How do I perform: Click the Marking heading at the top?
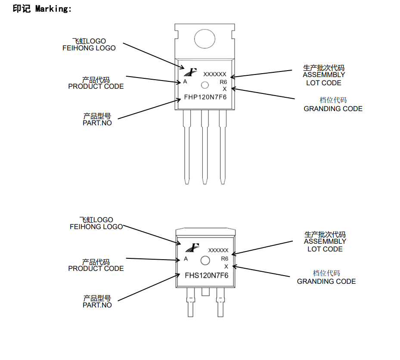(x=42, y=9)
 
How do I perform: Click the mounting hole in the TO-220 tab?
(x=204, y=39)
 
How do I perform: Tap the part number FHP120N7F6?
(x=205, y=97)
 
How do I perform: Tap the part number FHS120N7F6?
(x=206, y=275)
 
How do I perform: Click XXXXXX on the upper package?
(x=214, y=74)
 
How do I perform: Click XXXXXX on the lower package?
(x=218, y=250)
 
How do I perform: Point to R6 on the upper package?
(x=223, y=82)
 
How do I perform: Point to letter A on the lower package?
(x=186, y=259)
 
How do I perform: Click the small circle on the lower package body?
(x=205, y=260)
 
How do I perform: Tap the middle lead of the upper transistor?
(x=205, y=146)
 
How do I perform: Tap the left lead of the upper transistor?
(x=186, y=146)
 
